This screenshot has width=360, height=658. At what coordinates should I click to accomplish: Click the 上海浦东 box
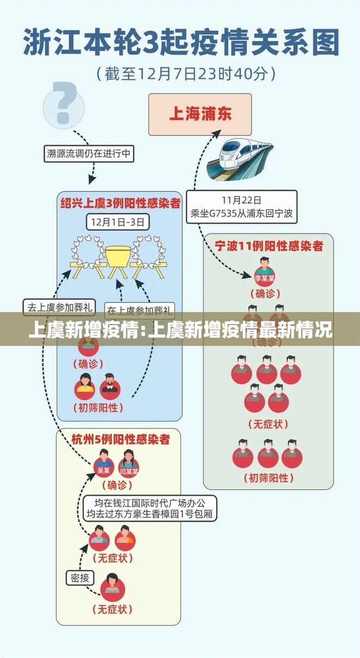(200, 114)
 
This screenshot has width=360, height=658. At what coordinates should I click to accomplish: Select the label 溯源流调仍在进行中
(88, 154)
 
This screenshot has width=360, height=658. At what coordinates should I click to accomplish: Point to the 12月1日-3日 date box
(118, 222)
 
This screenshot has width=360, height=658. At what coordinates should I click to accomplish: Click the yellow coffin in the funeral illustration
(118, 256)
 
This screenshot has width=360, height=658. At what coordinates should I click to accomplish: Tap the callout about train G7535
(242, 207)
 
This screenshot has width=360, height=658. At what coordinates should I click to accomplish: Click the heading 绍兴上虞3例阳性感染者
(120, 204)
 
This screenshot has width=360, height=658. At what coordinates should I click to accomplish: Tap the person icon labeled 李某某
(265, 272)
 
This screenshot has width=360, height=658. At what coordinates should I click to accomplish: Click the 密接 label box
(80, 578)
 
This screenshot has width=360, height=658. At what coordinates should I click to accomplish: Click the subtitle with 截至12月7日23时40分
(185, 73)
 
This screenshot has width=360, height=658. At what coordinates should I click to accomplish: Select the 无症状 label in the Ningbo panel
(268, 423)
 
